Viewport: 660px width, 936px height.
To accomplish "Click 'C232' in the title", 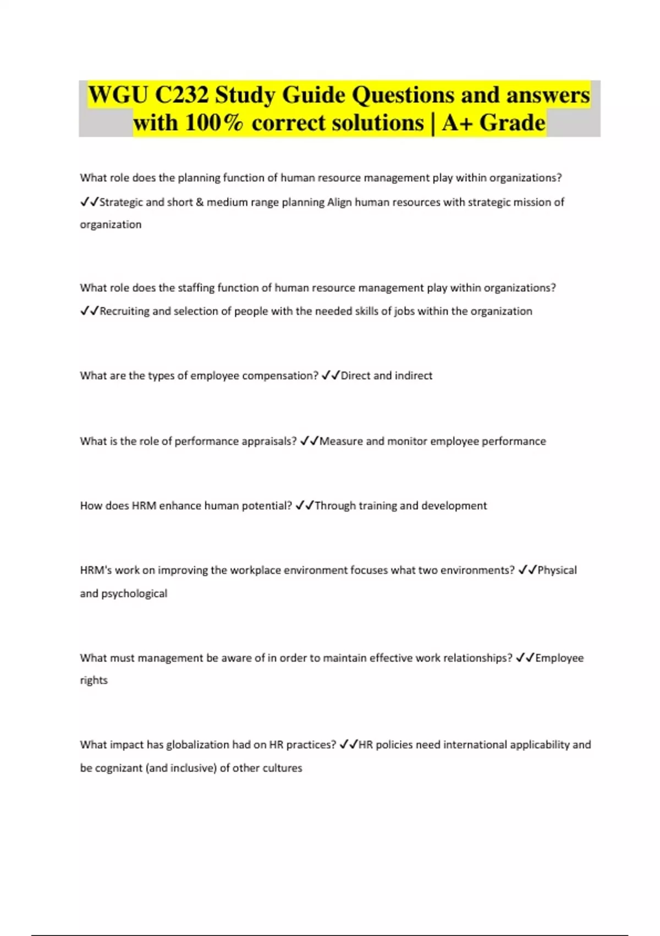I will pyautogui.click(x=182, y=95).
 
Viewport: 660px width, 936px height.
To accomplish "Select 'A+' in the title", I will pyautogui.click(x=458, y=123).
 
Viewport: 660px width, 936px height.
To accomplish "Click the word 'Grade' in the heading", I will pyautogui.click(x=512, y=123).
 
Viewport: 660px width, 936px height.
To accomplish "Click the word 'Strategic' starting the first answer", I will pyautogui.click(x=122, y=202).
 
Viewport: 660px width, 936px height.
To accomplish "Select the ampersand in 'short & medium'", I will pyautogui.click(x=200, y=202).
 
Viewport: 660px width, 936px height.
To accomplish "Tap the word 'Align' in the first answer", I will pyautogui.click(x=339, y=202).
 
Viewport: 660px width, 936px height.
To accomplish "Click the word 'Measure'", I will pyautogui.click(x=341, y=441).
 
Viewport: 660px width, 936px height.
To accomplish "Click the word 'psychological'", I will pyautogui.click(x=134, y=594).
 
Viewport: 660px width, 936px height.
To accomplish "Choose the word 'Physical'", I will pyautogui.click(x=557, y=570).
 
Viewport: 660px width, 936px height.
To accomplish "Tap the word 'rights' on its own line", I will pyautogui.click(x=94, y=681).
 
